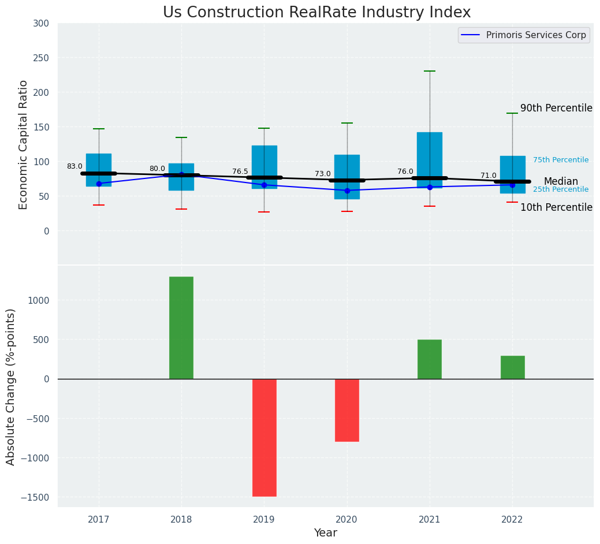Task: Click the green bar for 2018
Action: [181, 327]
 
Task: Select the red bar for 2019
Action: [264, 437]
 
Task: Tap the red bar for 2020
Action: [347, 410]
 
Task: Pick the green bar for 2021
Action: [430, 359]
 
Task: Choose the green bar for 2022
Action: [512, 367]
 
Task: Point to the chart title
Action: [316, 13]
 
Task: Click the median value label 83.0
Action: [74, 166]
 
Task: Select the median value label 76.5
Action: [240, 172]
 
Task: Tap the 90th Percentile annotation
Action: [556, 108]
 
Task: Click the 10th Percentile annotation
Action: [556, 207]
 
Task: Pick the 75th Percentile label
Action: [561, 160]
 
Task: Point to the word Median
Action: [561, 181]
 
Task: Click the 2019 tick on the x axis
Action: [264, 520]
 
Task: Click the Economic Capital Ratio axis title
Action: [24, 144]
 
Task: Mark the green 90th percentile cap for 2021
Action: [430, 71]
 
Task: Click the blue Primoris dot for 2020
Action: [347, 191]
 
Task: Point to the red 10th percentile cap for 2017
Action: [99, 205]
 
